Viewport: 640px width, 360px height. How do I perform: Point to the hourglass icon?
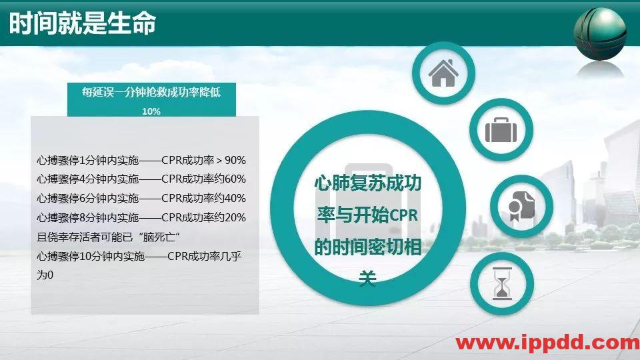pyautogui.click(x=501, y=284)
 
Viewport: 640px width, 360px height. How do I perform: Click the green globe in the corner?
pyautogui.click(x=600, y=33)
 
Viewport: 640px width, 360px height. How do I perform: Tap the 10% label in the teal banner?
pyautogui.click(x=151, y=111)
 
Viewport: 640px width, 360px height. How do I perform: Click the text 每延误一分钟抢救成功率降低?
pyautogui.click(x=151, y=93)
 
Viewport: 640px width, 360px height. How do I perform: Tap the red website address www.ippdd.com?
pyautogui.click(x=547, y=343)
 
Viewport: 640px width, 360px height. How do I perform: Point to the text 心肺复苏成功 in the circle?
pyautogui.click(x=368, y=184)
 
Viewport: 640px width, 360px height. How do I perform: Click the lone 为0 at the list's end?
pyautogui.click(x=45, y=275)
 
